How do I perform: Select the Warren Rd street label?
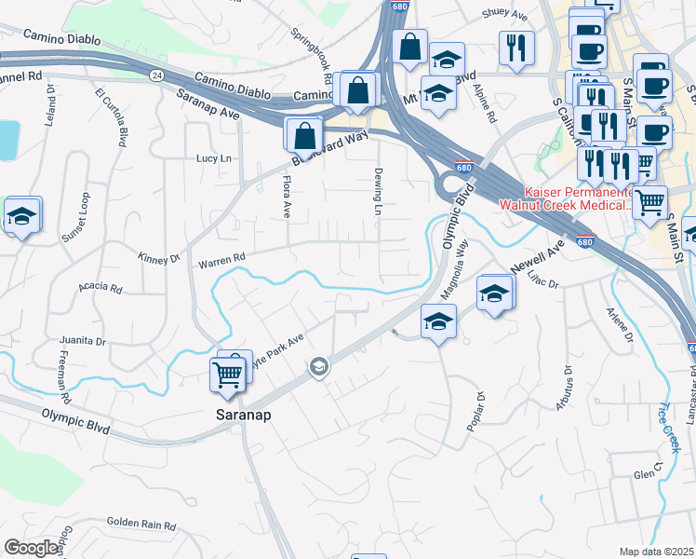point(221,260)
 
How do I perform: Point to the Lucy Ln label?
point(213,158)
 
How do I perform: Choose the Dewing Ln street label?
point(379,192)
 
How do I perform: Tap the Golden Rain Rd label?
point(141,525)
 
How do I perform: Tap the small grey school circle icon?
point(319,367)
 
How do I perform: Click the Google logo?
point(32,548)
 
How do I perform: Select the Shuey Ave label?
point(504,16)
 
